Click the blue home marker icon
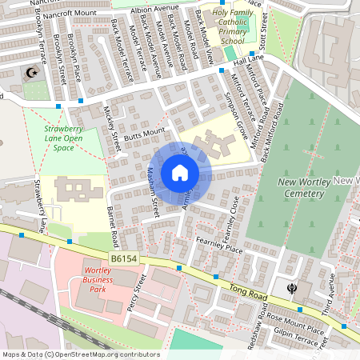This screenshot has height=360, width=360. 180,173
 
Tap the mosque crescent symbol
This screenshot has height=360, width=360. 33,74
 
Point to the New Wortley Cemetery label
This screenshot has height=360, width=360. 308,187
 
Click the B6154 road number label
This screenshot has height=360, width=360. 125,259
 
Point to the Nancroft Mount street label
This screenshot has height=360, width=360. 70,14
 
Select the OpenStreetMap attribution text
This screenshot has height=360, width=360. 80,354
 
